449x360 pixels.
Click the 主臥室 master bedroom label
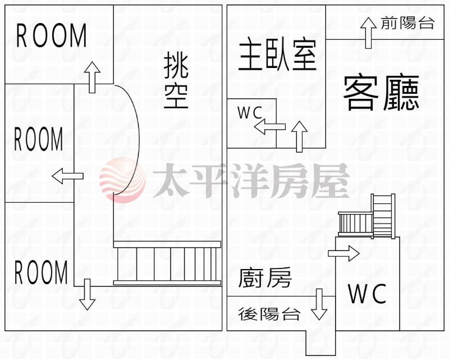click(277, 55)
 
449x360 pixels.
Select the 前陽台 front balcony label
click(408, 22)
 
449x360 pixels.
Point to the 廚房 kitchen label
click(265, 277)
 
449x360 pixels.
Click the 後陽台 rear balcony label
click(269, 314)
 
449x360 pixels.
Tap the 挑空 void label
click(176, 82)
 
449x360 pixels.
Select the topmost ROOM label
click(51, 35)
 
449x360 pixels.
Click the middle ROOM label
click(39, 139)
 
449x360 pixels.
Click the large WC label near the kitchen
click(367, 294)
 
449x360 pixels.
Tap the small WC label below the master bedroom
click(250, 113)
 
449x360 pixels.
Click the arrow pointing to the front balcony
click(368, 33)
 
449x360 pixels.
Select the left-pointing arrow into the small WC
click(270, 127)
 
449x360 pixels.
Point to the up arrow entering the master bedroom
click(299, 136)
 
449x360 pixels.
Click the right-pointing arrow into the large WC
click(343, 253)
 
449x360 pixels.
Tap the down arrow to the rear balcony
click(319, 304)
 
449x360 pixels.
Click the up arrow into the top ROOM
click(92, 77)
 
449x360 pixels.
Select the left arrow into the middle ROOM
click(67, 176)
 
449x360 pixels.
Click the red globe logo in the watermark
click(122, 180)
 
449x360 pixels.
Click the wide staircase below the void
click(167, 263)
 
